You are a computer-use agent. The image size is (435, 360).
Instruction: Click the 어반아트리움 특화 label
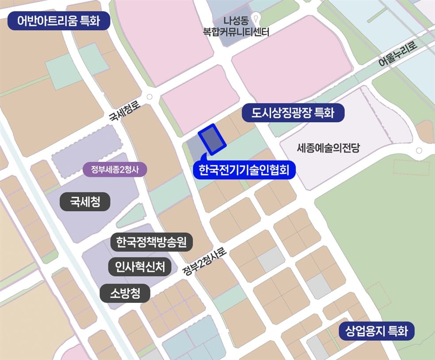[x=59, y=21]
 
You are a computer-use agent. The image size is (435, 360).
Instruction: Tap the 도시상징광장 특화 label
[x=293, y=113]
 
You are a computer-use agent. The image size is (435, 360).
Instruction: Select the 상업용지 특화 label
[x=377, y=331]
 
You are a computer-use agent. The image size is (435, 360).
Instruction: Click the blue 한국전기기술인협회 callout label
[x=244, y=170]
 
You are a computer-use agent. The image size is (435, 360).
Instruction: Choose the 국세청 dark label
[x=85, y=203]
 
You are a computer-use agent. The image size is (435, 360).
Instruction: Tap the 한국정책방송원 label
[x=151, y=242]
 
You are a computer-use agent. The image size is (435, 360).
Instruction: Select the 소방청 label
[x=126, y=293]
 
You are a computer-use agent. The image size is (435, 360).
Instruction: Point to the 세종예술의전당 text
[x=329, y=148]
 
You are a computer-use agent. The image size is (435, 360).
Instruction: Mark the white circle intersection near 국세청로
[x=149, y=97]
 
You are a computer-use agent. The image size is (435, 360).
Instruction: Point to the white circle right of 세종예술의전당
[x=418, y=151]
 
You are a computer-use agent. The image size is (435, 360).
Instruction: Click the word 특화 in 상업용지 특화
[x=397, y=331]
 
